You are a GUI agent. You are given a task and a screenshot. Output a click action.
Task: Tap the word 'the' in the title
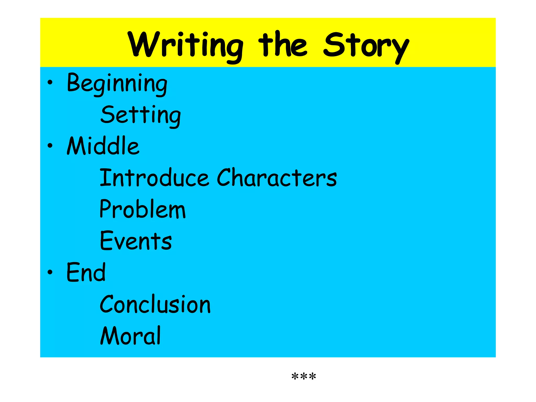(282, 44)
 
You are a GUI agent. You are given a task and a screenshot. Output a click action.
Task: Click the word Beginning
(117, 83)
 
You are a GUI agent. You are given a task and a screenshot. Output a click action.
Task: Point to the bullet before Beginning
(50, 83)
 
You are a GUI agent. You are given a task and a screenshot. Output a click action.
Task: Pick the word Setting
(141, 115)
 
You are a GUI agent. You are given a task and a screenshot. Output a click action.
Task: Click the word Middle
(103, 146)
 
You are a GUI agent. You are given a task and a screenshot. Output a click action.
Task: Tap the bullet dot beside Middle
(50, 146)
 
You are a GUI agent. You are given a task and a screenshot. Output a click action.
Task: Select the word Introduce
(154, 178)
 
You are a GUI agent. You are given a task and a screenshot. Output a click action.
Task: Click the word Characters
(277, 178)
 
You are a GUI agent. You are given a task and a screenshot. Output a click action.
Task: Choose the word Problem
(143, 209)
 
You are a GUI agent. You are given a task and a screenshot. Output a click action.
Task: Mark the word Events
(136, 241)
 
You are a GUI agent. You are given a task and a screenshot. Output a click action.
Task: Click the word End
(86, 272)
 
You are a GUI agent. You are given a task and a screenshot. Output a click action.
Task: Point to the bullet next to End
(50, 272)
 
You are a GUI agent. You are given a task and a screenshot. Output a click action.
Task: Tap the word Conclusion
(155, 304)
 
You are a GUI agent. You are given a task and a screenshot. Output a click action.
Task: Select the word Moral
(131, 336)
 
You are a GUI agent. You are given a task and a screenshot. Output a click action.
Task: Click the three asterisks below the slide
(304, 377)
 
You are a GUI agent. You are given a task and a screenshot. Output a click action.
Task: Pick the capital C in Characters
(225, 177)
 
